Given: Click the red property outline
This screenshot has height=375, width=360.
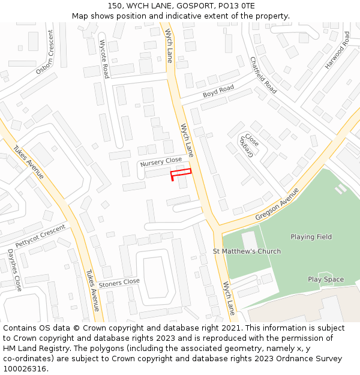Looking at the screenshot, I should click(181, 173).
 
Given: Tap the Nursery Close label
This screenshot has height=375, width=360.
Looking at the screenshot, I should click(160, 162).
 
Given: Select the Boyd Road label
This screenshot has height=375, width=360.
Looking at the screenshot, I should click(218, 91).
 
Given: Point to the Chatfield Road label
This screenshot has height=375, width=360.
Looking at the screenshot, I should click(263, 75).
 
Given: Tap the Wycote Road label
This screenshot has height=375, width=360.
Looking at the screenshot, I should click(104, 59).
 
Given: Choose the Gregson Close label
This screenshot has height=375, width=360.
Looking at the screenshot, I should click(250, 146).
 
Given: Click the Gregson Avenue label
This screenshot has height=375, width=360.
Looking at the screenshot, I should click(277, 204).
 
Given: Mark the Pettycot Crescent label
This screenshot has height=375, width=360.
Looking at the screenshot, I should click(40, 235).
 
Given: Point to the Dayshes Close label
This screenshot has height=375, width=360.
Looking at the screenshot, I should click(14, 270).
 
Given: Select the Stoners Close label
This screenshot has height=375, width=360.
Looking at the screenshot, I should click(119, 282).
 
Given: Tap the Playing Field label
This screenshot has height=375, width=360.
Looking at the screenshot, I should click(311, 237).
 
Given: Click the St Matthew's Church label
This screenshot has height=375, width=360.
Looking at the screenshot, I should click(247, 251).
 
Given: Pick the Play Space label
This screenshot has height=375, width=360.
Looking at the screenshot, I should click(326, 280).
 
